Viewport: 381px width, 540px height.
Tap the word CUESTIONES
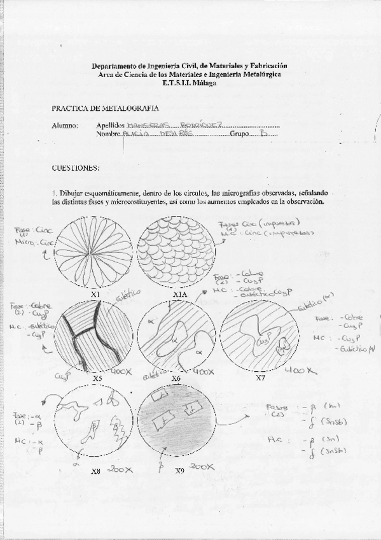pyautogui.click(x=76, y=168)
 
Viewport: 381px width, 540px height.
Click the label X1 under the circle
pyautogui.click(x=95, y=295)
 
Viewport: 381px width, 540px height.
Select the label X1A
pyautogui.click(x=179, y=295)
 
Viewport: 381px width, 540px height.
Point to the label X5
pyautogui.click(x=97, y=378)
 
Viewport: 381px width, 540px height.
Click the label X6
pyautogui.click(x=176, y=378)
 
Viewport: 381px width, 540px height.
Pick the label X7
pyautogui.click(x=260, y=378)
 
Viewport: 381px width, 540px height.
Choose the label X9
pyautogui.click(x=180, y=471)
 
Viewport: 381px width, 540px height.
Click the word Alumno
pyautogui.click(x=64, y=125)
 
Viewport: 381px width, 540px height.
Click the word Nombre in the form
pyautogui.click(x=108, y=135)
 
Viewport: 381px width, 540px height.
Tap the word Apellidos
pyautogui.click(x=111, y=125)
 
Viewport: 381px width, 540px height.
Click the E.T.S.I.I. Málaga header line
pyautogui.click(x=190, y=83)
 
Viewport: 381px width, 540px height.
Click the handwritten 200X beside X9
pyautogui.click(x=202, y=467)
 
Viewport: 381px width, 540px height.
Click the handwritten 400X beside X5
pyautogui.click(x=121, y=371)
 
